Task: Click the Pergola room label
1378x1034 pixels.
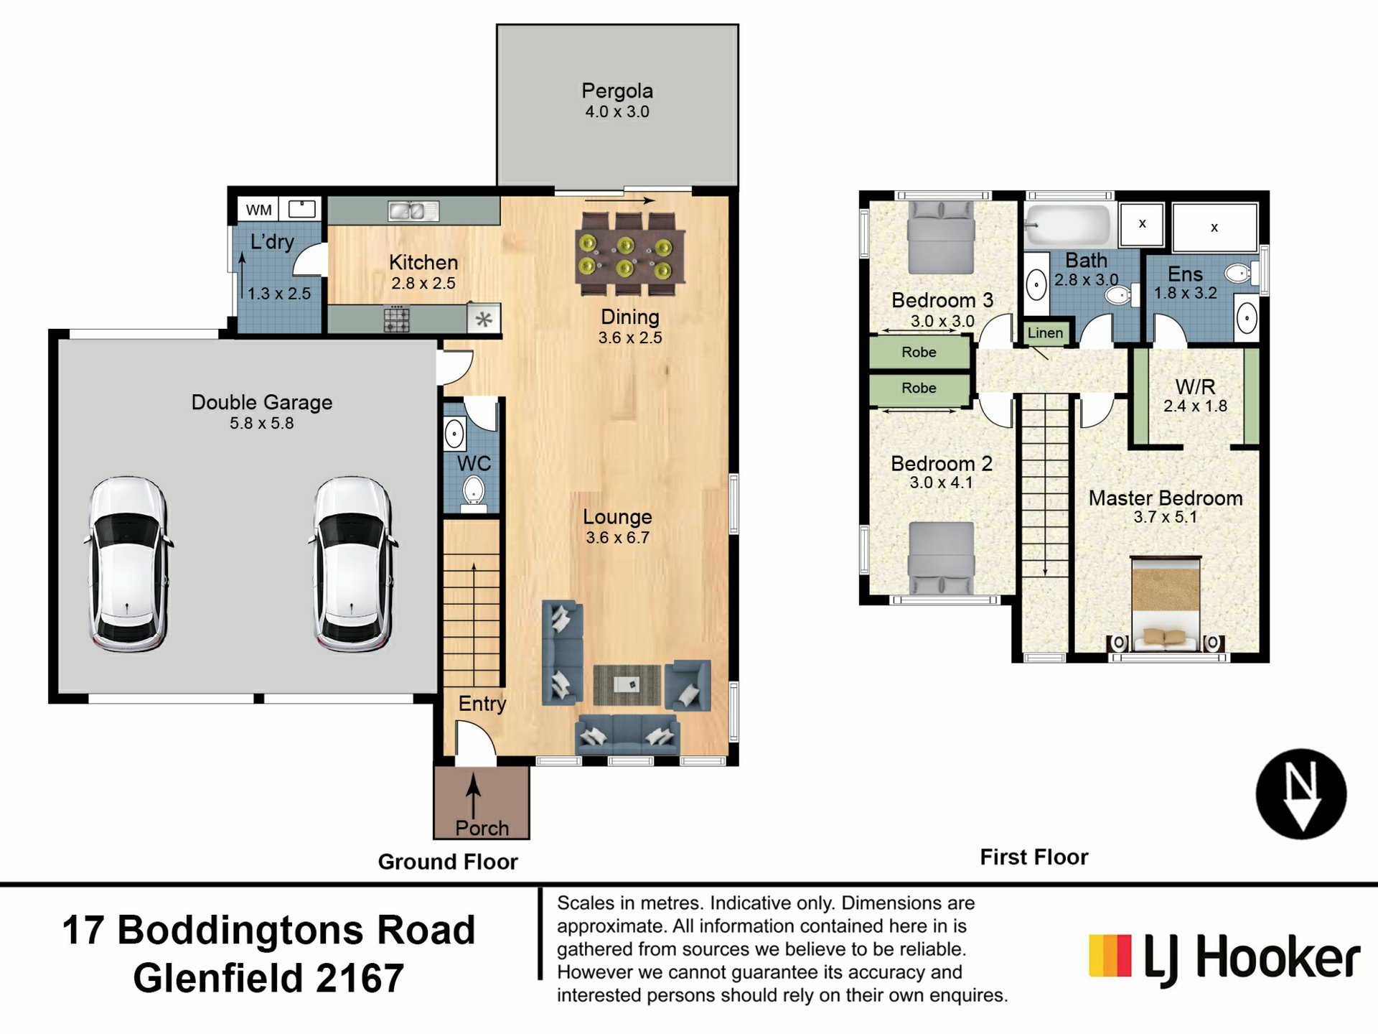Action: (x=617, y=91)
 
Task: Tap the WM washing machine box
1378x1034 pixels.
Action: (x=258, y=210)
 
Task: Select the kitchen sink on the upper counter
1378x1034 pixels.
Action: (x=413, y=210)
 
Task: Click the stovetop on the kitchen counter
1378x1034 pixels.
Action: (x=397, y=319)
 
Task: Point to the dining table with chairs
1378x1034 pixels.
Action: (x=629, y=254)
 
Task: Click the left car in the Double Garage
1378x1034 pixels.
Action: (x=128, y=564)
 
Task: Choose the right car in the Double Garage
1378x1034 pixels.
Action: (x=352, y=564)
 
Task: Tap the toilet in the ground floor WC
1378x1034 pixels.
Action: (x=473, y=495)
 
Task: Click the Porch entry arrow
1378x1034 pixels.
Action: (x=473, y=796)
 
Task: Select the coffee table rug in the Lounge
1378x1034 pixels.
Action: (x=627, y=685)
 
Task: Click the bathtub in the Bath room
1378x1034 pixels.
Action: (x=1067, y=225)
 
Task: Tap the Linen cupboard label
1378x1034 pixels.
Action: (x=1045, y=332)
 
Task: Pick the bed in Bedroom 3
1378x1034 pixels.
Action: (x=941, y=237)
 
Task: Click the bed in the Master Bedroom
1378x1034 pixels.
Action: (x=1166, y=604)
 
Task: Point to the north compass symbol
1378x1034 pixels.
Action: (x=1301, y=794)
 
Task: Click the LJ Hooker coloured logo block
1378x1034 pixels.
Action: (x=1110, y=956)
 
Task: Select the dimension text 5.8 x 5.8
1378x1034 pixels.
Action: (x=261, y=424)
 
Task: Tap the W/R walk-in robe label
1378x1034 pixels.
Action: (x=1195, y=386)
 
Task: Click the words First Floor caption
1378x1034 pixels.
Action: (x=1034, y=857)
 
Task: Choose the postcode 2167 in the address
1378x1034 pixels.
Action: (x=360, y=978)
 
